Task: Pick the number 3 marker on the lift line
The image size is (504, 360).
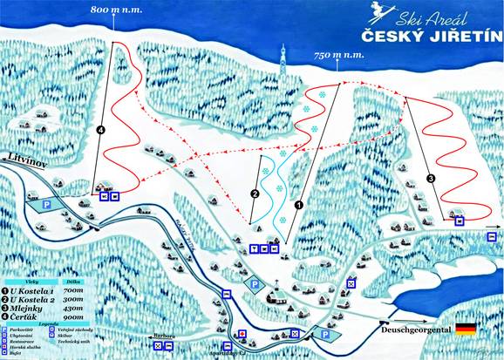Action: [x=431, y=178]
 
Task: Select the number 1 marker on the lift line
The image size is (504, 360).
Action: [x=298, y=206]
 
